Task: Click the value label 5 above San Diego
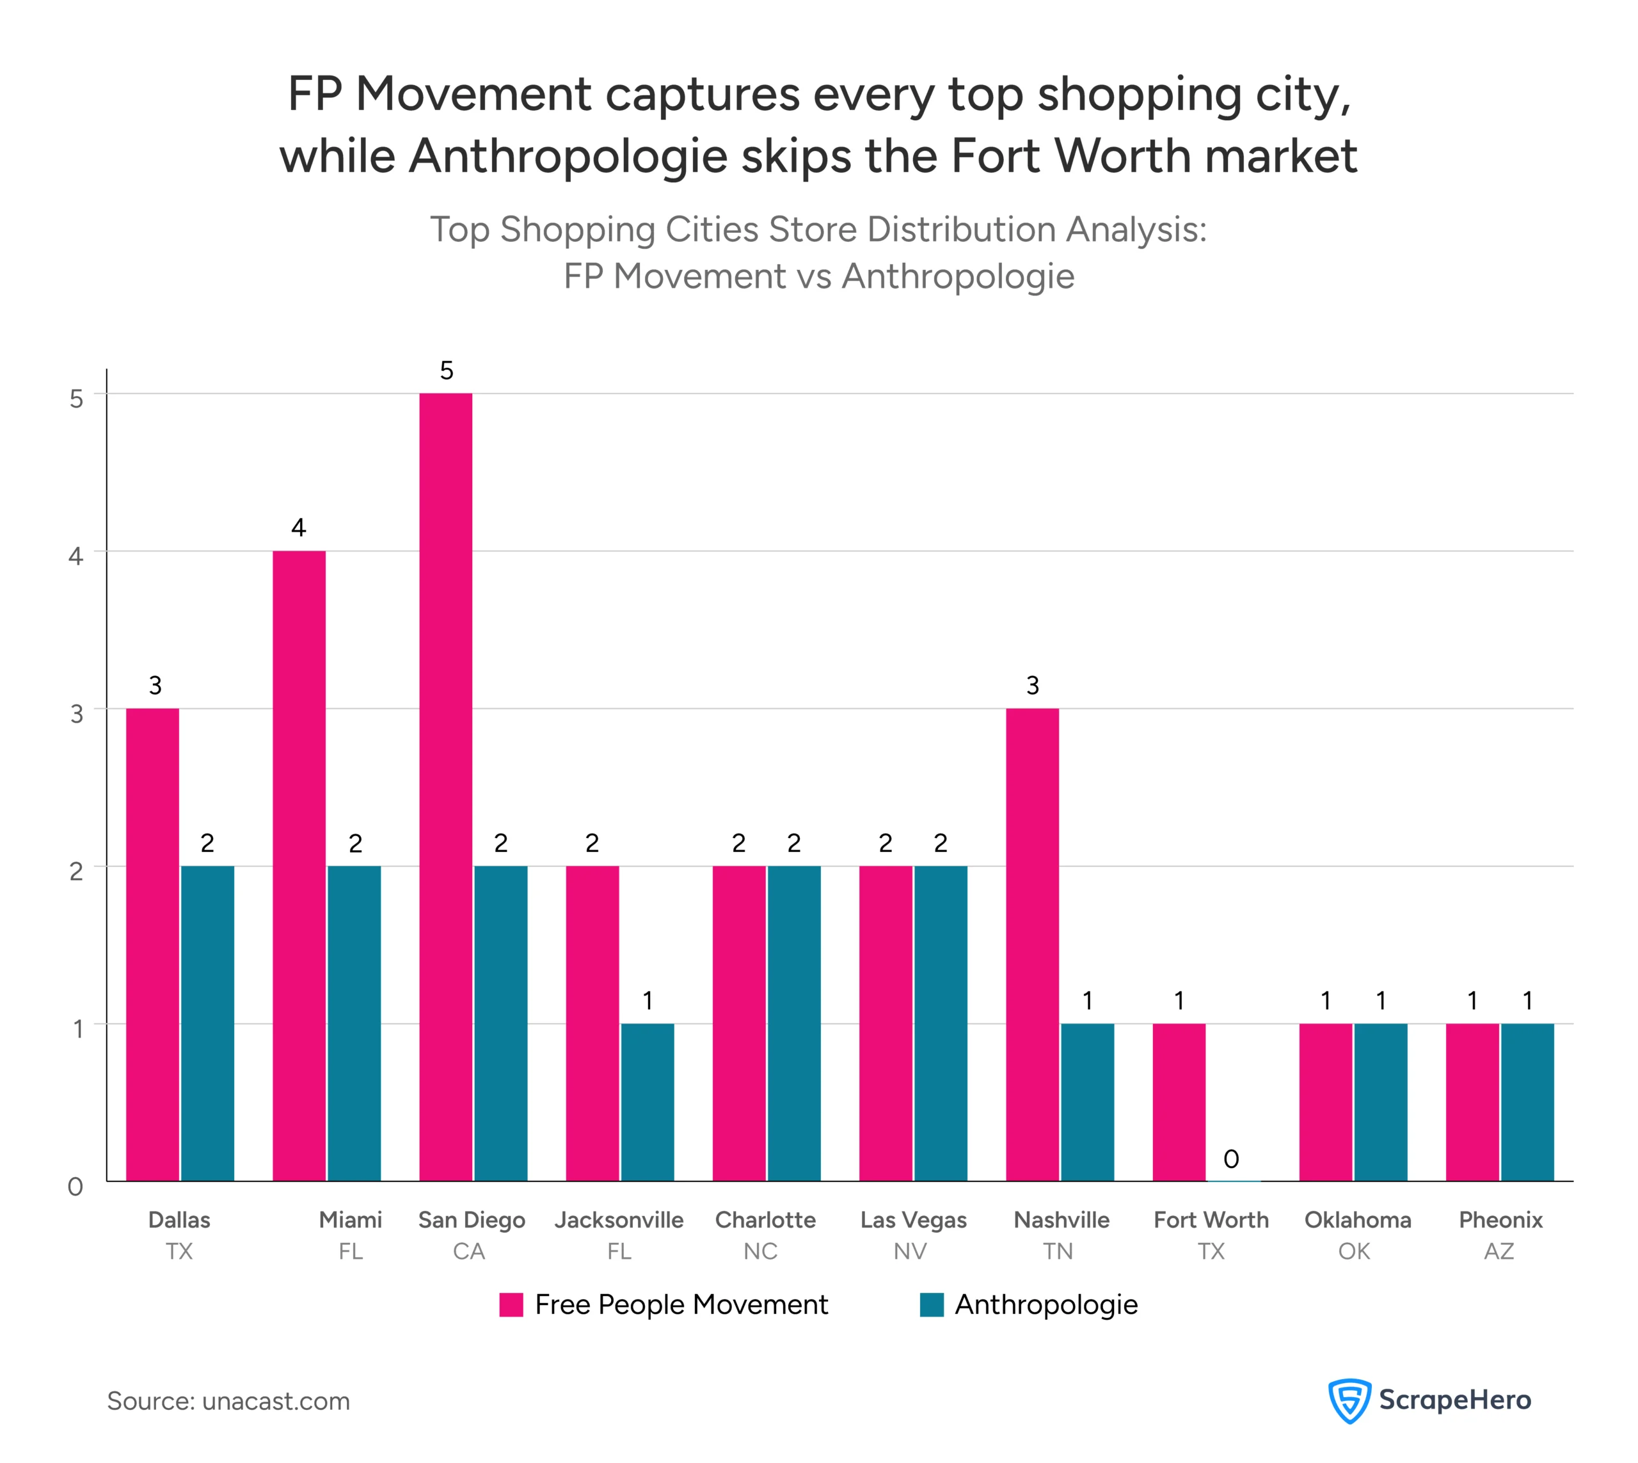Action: coord(446,370)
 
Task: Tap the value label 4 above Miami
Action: coord(298,528)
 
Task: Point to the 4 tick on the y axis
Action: coord(76,555)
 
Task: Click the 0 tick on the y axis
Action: coord(76,1187)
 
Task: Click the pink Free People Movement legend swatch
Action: coord(511,1304)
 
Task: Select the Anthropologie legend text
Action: coord(1046,1304)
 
